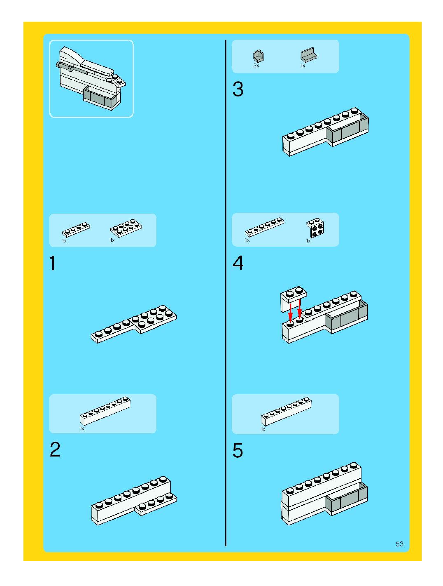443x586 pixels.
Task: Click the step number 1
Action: tap(53, 263)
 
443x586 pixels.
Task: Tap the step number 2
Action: tap(55, 450)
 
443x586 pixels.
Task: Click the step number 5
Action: tap(238, 450)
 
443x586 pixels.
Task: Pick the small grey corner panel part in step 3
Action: tap(258, 56)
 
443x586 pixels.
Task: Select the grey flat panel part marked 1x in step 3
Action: tap(308, 55)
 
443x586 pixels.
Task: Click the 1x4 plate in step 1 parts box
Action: tap(76, 229)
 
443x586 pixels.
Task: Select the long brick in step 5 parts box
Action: tap(286, 411)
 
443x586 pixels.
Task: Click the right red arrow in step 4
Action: tap(299, 311)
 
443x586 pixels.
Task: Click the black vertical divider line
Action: tap(226, 291)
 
